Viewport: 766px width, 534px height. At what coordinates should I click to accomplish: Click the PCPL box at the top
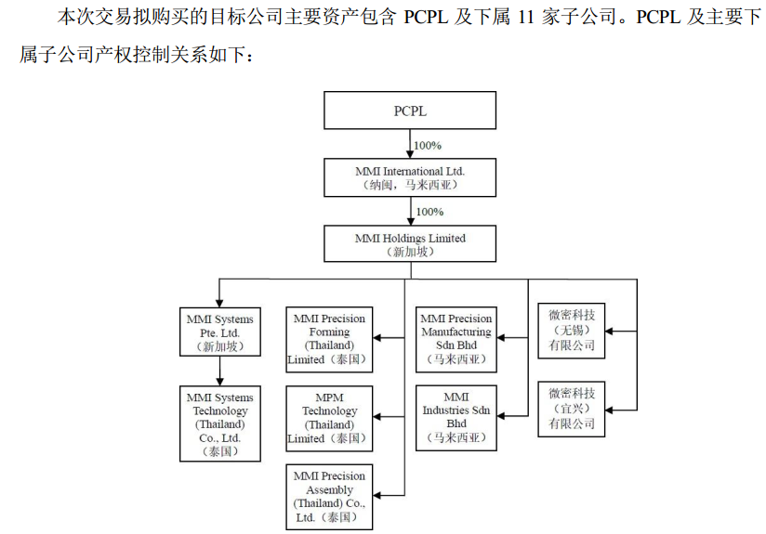coord(410,111)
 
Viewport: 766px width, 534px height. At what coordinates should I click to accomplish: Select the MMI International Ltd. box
coord(410,177)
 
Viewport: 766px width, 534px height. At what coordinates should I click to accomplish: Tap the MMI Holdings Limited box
coord(410,243)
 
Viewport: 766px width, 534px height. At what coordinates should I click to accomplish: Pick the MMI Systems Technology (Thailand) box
coord(219,424)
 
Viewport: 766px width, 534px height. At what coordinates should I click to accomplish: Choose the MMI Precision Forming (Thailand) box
coord(329,338)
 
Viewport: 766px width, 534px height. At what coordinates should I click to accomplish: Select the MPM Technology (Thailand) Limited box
coord(329,417)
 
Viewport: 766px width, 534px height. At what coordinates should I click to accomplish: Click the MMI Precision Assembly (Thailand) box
coord(329,497)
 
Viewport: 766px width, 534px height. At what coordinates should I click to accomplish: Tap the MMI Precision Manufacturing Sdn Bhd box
coord(456,339)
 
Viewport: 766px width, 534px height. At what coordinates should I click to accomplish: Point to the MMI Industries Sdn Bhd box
coord(456,417)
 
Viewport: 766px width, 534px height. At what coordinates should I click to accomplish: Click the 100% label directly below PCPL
coord(428,145)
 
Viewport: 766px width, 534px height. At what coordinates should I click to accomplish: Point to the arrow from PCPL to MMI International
coord(410,144)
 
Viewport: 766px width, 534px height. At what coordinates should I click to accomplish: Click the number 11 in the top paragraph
coord(522,17)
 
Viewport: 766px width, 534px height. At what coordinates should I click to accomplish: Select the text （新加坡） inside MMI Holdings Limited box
coord(410,252)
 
